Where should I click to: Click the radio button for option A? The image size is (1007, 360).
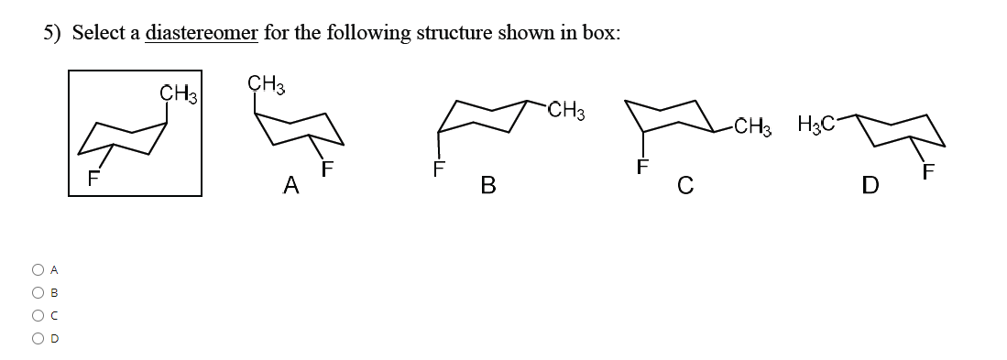point(37,270)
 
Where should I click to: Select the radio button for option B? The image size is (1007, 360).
point(37,293)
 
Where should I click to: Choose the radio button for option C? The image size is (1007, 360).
point(37,315)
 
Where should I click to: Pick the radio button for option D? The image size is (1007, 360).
point(37,338)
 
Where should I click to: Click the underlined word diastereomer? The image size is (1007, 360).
point(202,33)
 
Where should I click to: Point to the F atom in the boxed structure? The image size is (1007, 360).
point(92,179)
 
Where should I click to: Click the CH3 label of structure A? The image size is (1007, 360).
point(267,86)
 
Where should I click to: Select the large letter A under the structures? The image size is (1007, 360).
point(291,186)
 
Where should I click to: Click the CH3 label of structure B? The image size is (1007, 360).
point(566,112)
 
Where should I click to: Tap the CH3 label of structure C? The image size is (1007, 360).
point(753,125)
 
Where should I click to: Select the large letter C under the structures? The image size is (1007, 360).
point(684,188)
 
